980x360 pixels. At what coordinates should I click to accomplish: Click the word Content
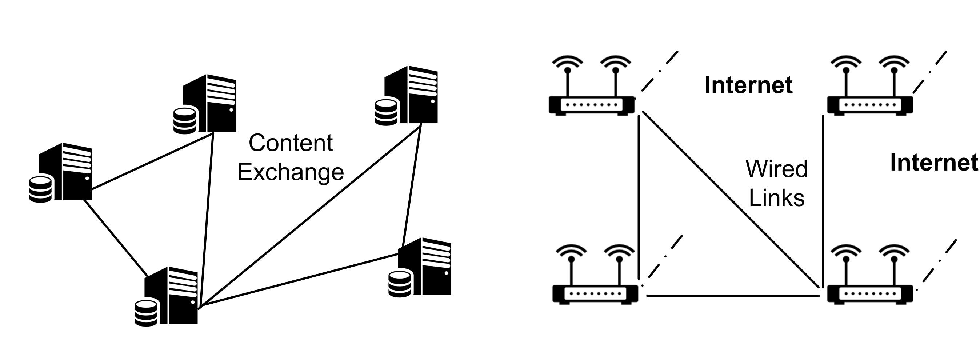pos(291,143)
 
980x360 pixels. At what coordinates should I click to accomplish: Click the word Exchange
pos(291,172)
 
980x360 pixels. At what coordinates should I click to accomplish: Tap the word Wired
pos(776,169)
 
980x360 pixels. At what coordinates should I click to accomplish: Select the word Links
pos(776,198)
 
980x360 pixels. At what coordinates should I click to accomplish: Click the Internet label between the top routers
pos(748,85)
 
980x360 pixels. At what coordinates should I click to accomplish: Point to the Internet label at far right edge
pos(934,163)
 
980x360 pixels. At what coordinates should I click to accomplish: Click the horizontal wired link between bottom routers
pos(732,296)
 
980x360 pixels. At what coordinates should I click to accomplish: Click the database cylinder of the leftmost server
pos(40,189)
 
